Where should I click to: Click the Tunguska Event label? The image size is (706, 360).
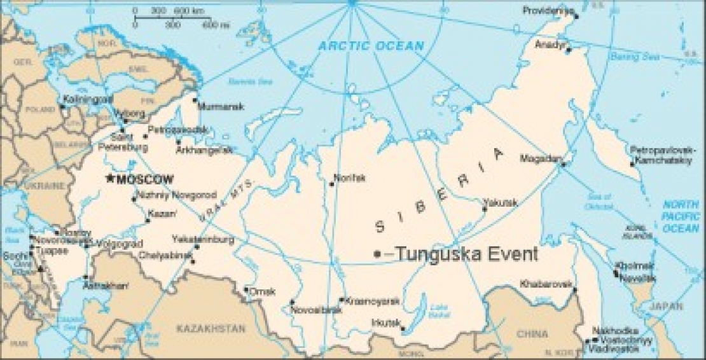coord(466,254)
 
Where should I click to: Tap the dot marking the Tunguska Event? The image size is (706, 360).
coord(377,254)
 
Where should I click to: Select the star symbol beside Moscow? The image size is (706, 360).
coord(111,179)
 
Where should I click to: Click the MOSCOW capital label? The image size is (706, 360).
coord(144,179)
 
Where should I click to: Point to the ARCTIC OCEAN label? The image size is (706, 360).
coord(371,46)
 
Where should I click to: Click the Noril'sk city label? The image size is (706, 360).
coord(350,179)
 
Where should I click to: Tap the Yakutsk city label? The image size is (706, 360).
coord(501,203)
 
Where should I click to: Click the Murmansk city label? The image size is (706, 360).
coord(221,107)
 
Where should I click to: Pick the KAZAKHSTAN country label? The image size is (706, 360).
coord(211,329)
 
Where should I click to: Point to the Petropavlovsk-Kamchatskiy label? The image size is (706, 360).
coord(660,155)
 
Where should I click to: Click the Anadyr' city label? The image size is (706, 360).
coord(550,44)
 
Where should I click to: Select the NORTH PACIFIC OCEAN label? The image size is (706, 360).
coord(681,216)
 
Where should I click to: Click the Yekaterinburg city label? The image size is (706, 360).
coord(203,240)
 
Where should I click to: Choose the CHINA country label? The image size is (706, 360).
coord(532,333)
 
